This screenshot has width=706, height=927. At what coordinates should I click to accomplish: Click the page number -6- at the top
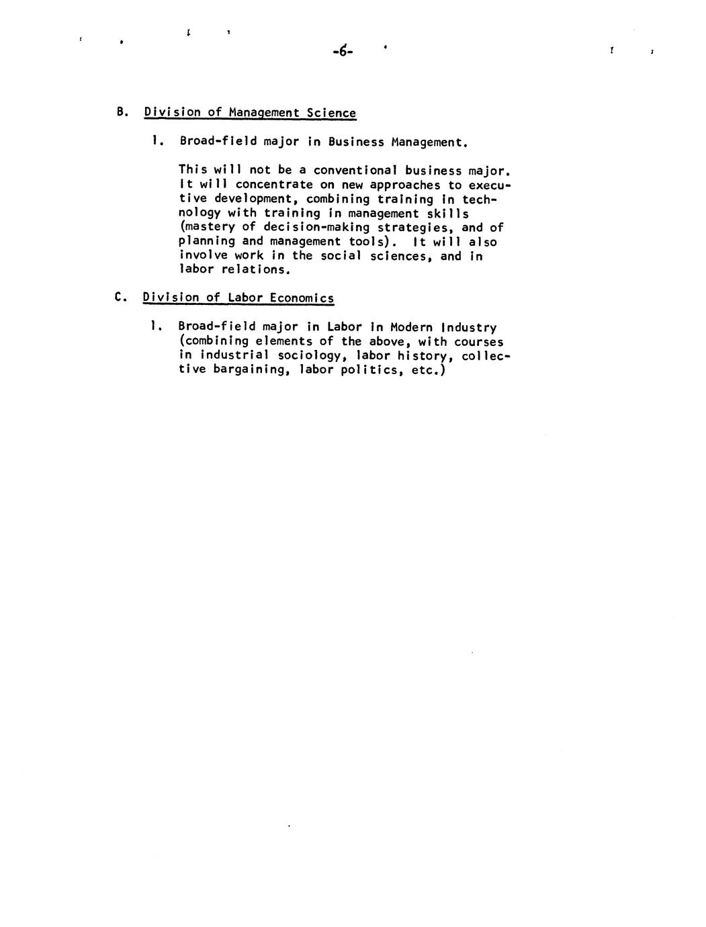coord(342,50)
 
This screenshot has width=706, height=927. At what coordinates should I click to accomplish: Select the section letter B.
coord(121,112)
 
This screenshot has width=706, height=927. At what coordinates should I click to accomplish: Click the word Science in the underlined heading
coord(331,113)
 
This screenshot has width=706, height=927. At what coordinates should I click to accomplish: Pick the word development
coord(249,199)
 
